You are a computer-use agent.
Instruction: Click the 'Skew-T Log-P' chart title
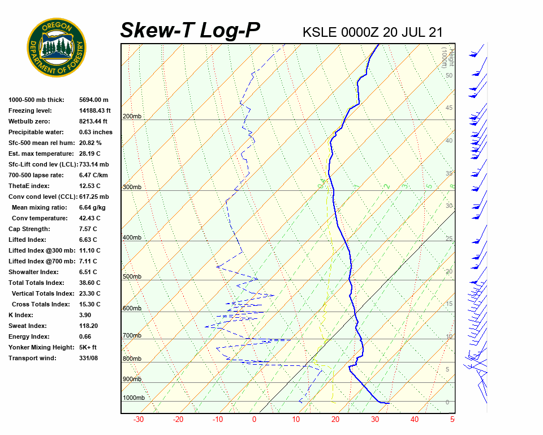click(190, 31)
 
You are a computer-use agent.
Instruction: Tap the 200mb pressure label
click(132, 117)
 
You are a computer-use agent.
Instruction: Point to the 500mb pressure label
click(132, 277)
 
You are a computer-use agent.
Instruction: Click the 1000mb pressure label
click(133, 398)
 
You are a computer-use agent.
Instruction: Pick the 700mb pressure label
click(132, 336)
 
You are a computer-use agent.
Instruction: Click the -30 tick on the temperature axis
click(138, 420)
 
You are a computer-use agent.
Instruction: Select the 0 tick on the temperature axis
click(254, 420)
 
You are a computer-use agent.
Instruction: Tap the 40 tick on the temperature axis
click(415, 420)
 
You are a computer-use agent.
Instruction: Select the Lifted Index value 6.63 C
click(88, 240)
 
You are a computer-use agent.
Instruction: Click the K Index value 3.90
click(86, 315)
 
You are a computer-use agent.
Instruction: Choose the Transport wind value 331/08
click(89, 358)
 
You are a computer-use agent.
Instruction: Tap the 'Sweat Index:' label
click(28, 326)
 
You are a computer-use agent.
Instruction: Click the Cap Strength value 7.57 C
click(88, 229)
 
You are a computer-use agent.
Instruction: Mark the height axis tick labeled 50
click(449, 76)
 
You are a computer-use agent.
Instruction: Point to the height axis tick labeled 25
click(449, 239)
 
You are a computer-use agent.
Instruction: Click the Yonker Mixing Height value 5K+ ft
click(88, 347)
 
